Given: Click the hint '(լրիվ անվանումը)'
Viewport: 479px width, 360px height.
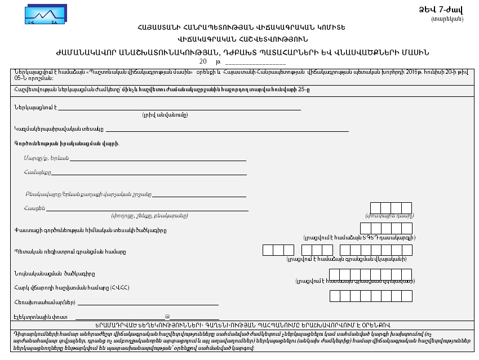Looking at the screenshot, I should pyautogui.click(x=165, y=114).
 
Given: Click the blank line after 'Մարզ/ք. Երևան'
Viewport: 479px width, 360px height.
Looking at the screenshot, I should pyautogui.click(x=158, y=160).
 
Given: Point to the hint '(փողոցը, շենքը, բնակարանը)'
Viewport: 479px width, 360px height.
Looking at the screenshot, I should pyautogui.click(x=149, y=216).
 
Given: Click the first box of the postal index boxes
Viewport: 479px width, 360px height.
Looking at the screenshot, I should pyautogui.click(x=375, y=208).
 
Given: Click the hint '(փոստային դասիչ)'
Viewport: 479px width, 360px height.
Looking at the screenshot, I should pyautogui.click(x=390, y=216).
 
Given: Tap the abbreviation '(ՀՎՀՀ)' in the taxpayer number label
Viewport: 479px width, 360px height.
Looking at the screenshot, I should pyautogui.click(x=119, y=288).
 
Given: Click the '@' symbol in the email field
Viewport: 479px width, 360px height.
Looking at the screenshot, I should pyautogui.click(x=167, y=317).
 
